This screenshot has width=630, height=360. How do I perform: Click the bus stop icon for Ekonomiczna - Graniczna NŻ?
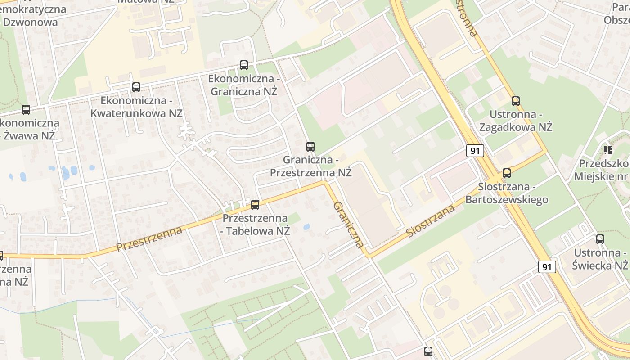(x=244, y=65)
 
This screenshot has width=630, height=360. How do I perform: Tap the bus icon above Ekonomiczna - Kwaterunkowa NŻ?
(x=136, y=87)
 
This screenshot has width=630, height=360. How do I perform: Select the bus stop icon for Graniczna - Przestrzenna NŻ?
(x=310, y=146)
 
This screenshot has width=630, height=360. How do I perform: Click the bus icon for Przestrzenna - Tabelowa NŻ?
(x=255, y=205)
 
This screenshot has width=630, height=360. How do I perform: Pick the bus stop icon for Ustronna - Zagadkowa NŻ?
(x=516, y=101)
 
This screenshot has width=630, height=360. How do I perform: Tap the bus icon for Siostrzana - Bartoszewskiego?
(x=507, y=173)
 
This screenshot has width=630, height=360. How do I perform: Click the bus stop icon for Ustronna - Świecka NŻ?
(x=600, y=239)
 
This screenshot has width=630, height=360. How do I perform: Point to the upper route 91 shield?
(x=475, y=151)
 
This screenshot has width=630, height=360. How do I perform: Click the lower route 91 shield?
(x=547, y=267)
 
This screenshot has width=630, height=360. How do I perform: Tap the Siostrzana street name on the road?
(x=430, y=220)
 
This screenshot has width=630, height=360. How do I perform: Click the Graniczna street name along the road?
(x=348, y=225)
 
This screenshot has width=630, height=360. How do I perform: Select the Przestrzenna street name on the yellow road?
(x=149, y=239)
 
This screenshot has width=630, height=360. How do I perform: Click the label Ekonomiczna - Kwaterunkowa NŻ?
(x=136, y=107)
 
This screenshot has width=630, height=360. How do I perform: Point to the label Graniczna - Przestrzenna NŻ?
(x=310, y=166)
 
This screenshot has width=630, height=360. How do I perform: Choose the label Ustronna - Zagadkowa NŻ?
(x=516, y=121)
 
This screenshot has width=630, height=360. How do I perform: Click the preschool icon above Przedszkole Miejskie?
(x=608, y=150)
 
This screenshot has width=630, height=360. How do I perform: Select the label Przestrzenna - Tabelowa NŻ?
(x=255, y=225)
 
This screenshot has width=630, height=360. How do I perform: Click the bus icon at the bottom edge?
(x=428, y=351)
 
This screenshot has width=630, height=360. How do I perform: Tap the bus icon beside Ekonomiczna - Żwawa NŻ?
(x=26, y=109)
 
